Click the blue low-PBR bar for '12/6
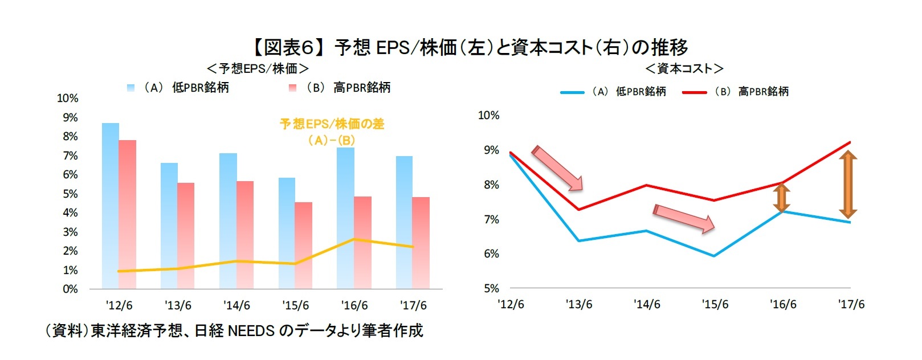(x=111, y=205)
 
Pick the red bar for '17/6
(x=421, y=243)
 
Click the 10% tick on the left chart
(x=67, y=99)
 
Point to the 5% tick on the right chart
(x=491, y=288)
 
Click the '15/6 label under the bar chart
(x=295, y=305)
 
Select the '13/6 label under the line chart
(x=578, y=305)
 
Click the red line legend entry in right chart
(x=735, y=92)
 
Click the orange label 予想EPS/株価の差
(x=332, y=124)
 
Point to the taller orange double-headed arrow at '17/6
(x=848, y=185)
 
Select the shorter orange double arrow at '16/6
(x=781, y=197)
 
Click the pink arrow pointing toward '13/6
(x=557, y=168)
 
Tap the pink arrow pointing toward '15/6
(x=684, y=218)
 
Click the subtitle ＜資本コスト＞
(x=684, y=69)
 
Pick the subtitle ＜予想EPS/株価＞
(x=258, y=69)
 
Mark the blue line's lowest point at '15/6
(x=714, y=256)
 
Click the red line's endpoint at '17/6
(x=850, y=142)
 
